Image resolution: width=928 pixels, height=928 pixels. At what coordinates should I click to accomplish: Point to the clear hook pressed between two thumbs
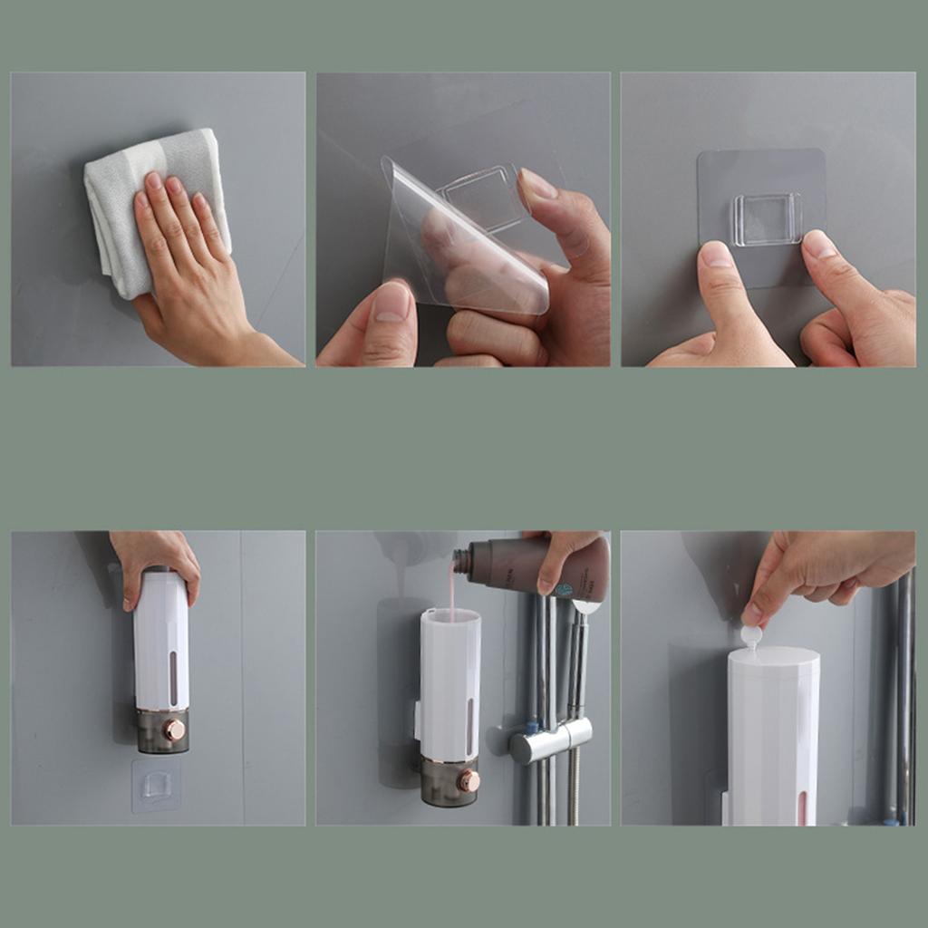767,219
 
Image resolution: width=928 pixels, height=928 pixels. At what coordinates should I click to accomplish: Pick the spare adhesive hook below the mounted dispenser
156,784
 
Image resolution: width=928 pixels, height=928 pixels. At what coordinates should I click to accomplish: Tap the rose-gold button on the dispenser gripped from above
174,730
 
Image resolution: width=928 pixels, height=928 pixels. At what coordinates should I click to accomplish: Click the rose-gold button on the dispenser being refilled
469,780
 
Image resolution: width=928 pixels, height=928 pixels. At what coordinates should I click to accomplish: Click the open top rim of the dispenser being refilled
450,615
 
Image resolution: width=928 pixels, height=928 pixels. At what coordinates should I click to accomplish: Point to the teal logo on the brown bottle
563,590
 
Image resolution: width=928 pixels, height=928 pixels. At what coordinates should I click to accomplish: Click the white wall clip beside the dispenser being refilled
417,720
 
